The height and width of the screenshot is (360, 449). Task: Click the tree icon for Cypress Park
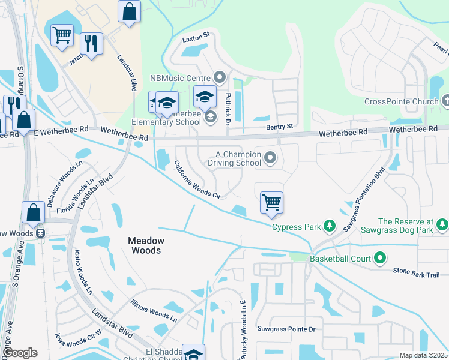coord(328,226)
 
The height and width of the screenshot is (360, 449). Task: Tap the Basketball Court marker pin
coord(379,259)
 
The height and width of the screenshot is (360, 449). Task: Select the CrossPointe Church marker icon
coord(444,101)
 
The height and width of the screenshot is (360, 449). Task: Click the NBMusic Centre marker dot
coord(219,77)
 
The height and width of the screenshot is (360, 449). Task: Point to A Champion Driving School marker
coord(270,158)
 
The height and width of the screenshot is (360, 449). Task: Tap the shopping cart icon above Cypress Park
coord(272,202)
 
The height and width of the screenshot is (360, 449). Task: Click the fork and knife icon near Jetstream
coord(91,43)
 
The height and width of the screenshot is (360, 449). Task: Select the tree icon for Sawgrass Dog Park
coord(442,226)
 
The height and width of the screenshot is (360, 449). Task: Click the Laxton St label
coord(196,37)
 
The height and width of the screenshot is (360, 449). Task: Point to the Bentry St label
coord(280,127)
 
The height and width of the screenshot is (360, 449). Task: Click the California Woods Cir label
coord(197,179)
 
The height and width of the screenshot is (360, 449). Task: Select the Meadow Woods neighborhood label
coord(145,245)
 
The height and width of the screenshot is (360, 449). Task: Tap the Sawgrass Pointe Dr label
coord(286,329)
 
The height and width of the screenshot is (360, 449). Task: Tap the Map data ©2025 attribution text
coord(423,355)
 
